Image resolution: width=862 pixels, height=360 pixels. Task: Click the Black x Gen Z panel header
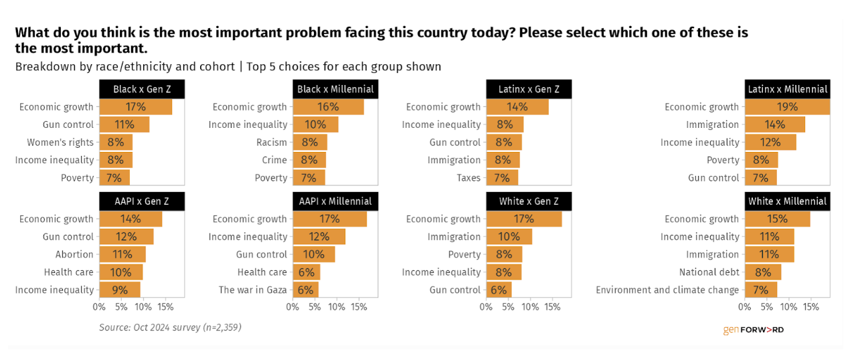142,89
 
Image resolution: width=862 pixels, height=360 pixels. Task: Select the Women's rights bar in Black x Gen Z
116,143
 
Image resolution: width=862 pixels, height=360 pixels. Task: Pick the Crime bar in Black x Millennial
309,160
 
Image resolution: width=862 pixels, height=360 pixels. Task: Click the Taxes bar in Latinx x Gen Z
502,178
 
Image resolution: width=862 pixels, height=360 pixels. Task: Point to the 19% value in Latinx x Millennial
788,107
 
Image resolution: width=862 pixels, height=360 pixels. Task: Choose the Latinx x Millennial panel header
788,89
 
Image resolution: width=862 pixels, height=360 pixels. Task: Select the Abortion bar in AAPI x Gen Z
122,254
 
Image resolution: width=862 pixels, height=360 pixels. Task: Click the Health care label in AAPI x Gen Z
69,272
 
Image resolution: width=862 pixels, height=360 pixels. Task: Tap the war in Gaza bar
305,290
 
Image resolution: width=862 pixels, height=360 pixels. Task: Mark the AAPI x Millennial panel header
335,201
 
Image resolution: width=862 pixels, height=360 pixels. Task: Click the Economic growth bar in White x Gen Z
524,219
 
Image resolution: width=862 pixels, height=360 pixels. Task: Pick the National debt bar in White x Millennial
763,272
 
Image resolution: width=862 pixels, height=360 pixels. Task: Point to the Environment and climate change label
667,290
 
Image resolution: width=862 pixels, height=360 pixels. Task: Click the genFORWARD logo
753,330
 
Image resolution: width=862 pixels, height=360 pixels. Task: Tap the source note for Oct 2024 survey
170,328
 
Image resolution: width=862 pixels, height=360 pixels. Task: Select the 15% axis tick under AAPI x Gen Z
165,307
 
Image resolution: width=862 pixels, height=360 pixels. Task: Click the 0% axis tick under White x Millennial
745,307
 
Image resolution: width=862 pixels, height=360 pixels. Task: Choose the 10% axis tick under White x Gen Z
530,307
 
